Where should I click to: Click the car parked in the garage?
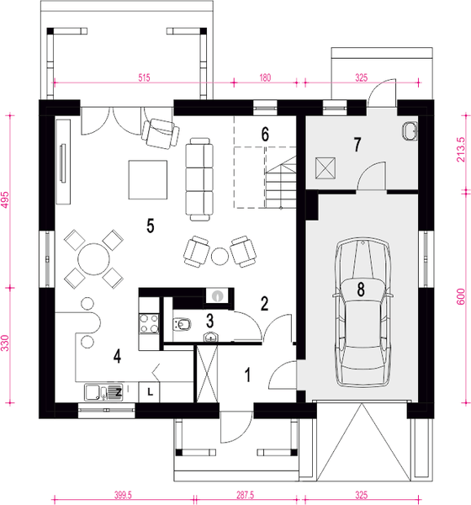point(363,312)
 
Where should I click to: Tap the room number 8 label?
point(361,291)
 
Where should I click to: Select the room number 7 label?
point(357,145)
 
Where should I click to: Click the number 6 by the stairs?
point(264,134)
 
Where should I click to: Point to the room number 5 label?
point(150,225)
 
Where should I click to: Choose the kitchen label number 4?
point(119,356)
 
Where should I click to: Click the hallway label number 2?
point(263,304)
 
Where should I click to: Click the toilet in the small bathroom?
point(181,322)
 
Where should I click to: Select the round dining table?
point(89,258)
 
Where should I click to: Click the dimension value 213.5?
point(459,146)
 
